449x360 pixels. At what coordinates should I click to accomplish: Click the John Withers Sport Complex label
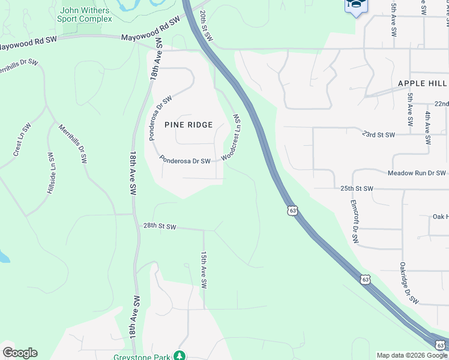click(85, 14)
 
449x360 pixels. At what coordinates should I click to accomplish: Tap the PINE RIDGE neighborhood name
click(188, 125)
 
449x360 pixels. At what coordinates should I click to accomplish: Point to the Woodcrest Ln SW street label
click(232, 138)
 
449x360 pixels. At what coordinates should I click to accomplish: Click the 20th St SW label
click(206, 25)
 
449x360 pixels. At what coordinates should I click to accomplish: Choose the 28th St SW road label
click(160, 226)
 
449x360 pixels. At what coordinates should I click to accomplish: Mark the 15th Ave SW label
click(204, 269)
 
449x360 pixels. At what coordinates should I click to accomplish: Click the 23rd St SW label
click(379, 134)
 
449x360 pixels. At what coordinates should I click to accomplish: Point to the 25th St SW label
click(357, 188)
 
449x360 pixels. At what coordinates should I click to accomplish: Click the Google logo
click(20, 353)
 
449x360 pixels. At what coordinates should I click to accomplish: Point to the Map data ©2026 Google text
click(412, 355)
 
